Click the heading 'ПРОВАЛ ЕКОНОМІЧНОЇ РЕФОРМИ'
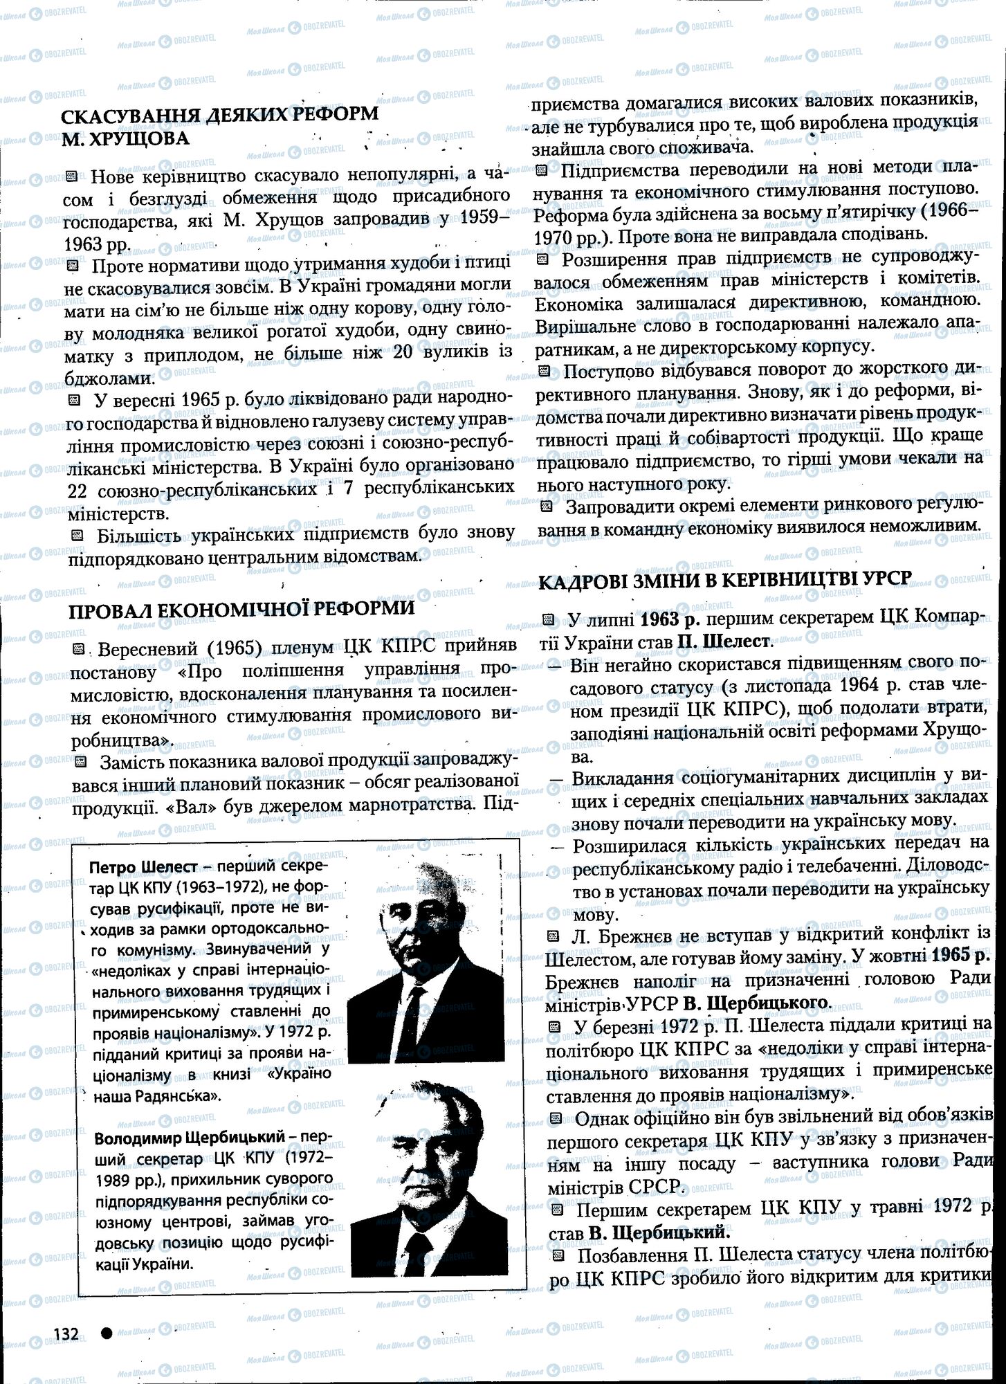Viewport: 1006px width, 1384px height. point(241,608)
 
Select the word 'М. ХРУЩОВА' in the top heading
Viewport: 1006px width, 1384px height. point(126,138)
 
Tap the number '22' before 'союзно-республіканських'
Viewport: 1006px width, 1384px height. point(81,486)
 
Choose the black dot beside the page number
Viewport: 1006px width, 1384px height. point(107,1333)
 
